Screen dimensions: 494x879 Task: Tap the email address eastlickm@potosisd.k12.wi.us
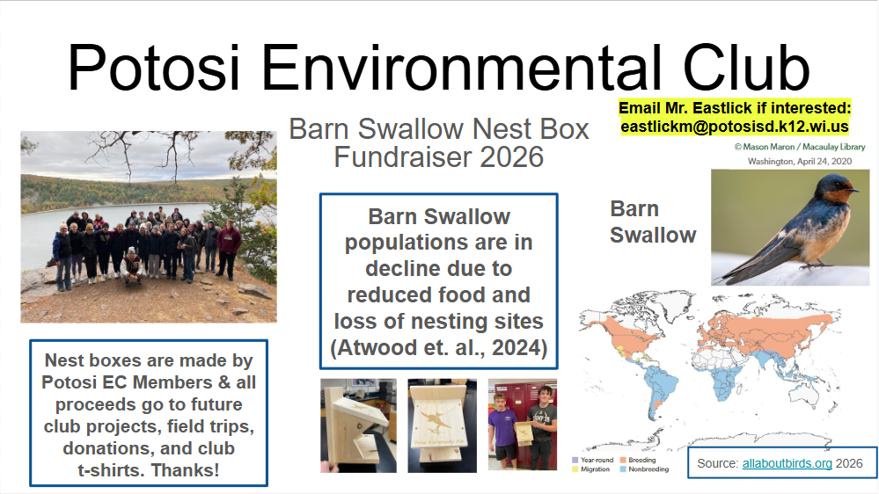(735, 126)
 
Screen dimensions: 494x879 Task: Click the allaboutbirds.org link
(787, 463)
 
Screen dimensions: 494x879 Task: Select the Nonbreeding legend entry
(647, 469)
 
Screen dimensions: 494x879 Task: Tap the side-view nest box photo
(357, 425)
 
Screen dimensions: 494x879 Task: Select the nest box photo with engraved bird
(442, 425)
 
